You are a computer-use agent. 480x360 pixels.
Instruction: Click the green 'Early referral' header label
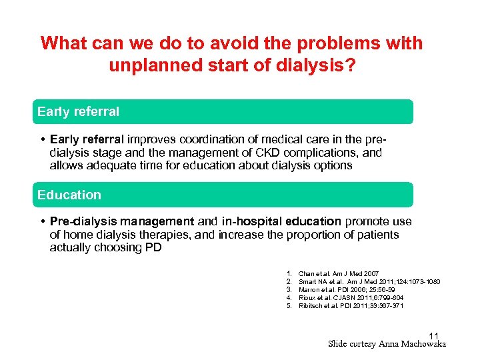coord(79,112)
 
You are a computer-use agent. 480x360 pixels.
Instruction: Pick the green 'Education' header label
coord(69,195)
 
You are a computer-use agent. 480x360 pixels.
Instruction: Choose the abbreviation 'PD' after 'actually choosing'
coord(153,248)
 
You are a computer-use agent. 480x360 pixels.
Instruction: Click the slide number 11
coord(434,335)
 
